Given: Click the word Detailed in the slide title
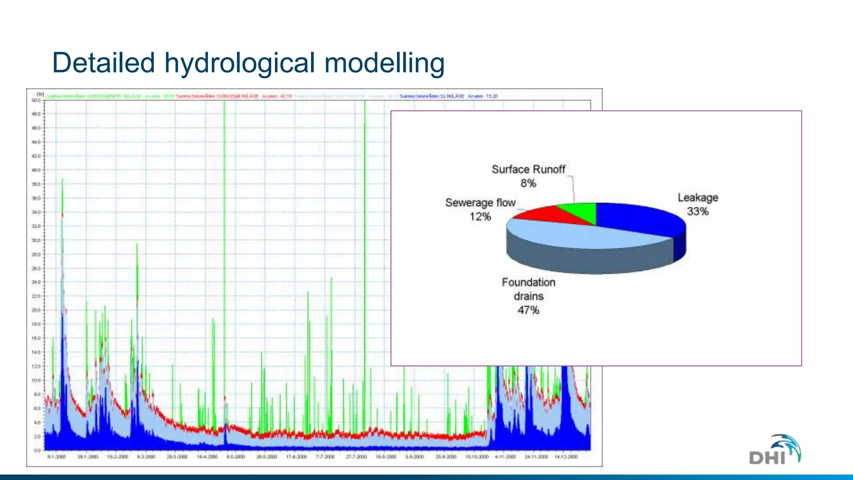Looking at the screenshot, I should [103, 63].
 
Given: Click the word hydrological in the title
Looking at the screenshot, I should [239, 63].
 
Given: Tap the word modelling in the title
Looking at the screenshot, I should [384, 63].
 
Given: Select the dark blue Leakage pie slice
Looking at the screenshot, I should [637, 217].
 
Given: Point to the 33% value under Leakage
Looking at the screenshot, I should [698, 212].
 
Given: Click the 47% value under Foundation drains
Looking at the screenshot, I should [528, 310].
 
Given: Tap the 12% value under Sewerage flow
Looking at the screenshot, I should [480, 217].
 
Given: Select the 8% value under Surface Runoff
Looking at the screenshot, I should [528, 183].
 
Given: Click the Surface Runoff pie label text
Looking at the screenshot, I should [528, 170].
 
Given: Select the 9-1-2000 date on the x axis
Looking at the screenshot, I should [57, 457].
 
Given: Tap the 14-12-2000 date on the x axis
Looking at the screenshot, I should [566, 457].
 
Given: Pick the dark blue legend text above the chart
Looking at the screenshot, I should [449, 96].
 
